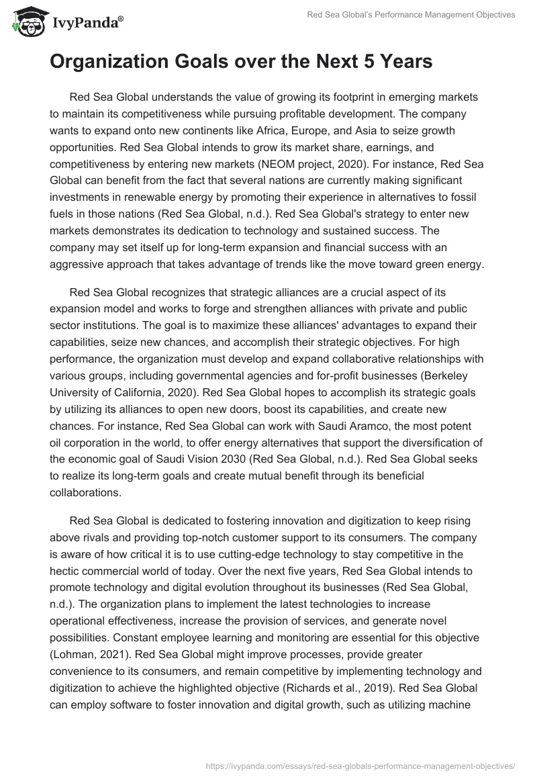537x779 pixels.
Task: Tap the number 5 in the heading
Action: [x=368, y=62]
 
